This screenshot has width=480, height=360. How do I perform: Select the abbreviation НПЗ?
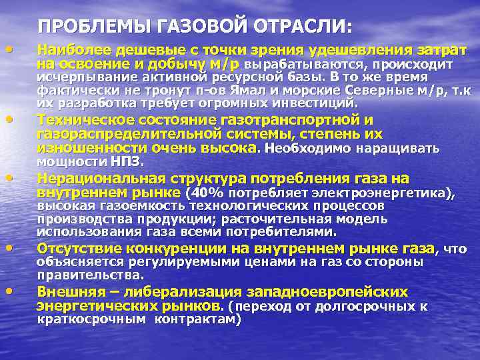pyautogui.click(x=128, y=161)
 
